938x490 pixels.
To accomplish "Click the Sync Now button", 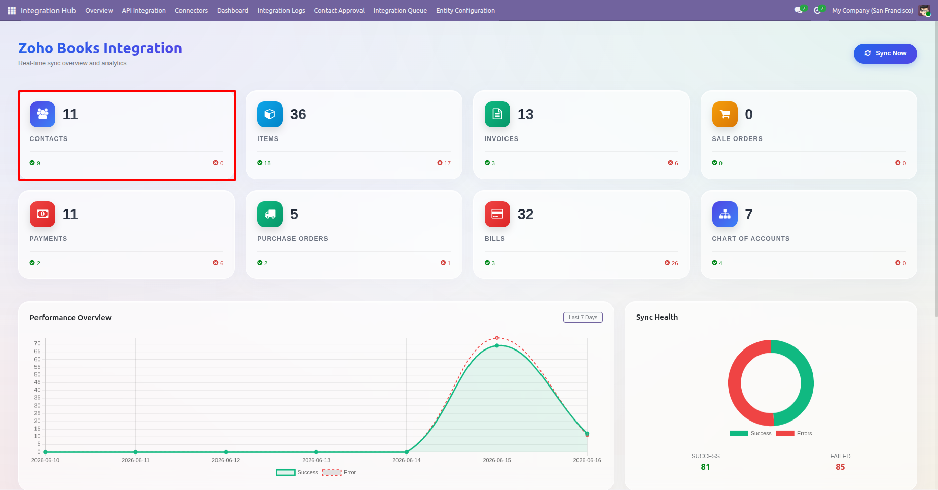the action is click(885, 54).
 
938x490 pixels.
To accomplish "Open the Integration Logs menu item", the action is click(281, 10).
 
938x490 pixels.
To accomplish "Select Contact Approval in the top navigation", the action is click(339, 10).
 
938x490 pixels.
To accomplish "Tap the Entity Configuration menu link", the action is click(465, 10).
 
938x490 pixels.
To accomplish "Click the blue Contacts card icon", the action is click(43, 114).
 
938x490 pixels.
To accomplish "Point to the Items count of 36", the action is click(298, 114).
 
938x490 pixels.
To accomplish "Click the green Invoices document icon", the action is click(497, 114).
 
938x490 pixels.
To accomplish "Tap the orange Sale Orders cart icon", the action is click(725, 114).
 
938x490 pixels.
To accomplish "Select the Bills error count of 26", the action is click(671, 263).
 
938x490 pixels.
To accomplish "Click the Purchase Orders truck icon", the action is click(270, 214).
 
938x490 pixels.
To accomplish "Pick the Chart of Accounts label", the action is click(751, 239).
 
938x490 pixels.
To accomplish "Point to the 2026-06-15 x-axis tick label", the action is click(497, 460).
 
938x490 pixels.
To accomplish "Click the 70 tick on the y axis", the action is click(37, 343).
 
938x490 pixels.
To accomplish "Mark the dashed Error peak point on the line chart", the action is click(497, 338).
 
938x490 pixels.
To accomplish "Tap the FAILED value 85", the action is click(840, 467).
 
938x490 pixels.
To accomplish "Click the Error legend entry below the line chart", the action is click(339, 472).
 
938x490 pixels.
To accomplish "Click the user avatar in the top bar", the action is click(924, 10).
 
